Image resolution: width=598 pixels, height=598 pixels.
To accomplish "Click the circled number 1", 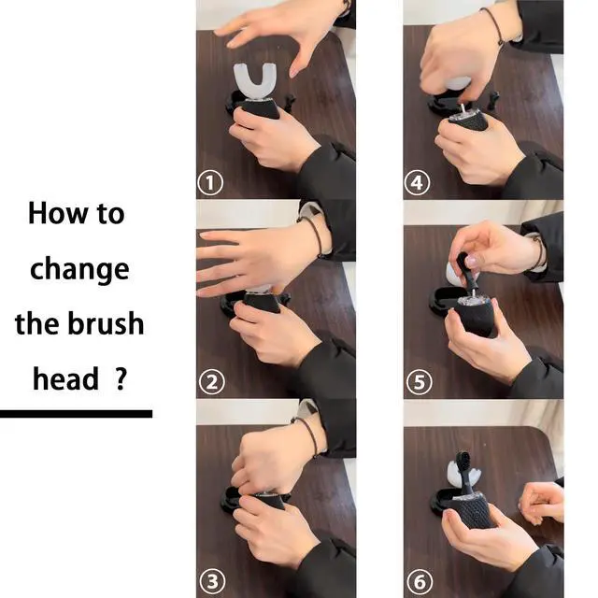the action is click(210, 183).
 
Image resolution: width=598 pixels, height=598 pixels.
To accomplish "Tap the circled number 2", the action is click(212, 382).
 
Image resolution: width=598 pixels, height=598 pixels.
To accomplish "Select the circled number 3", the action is click(212, 581).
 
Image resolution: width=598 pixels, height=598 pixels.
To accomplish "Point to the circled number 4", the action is click(418, 183).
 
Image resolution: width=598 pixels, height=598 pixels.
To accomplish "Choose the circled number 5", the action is click(420, 382).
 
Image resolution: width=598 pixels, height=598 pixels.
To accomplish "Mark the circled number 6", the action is click(420, 582).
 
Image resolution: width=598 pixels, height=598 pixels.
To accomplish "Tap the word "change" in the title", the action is click(79, 270).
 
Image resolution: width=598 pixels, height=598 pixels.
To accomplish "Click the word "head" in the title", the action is click(65, 378).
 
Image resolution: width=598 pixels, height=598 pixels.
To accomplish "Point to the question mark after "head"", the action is click(121, 378).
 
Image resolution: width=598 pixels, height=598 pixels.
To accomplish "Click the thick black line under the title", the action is click(77, 414).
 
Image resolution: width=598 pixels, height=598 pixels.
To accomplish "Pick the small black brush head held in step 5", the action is click(465, 272).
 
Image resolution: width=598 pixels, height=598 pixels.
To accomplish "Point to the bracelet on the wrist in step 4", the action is click(494, 26).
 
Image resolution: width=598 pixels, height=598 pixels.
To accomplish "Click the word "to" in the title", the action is click(110, 214).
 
